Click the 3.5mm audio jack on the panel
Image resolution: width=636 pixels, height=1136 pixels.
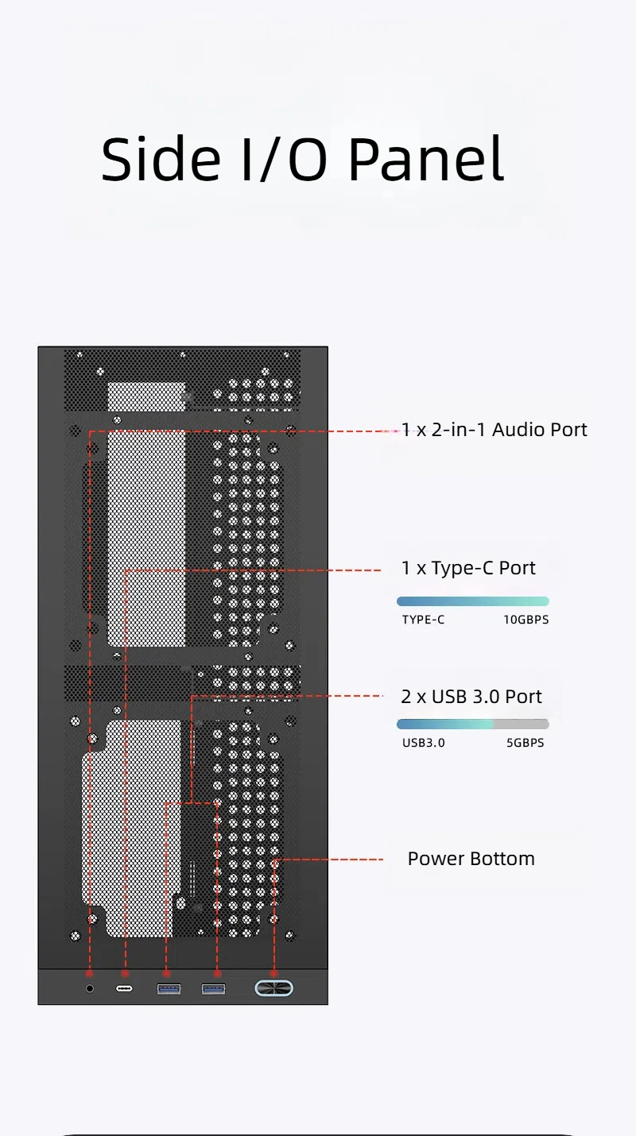tap(90, 988)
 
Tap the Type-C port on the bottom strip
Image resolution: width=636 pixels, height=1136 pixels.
tap(124, 988)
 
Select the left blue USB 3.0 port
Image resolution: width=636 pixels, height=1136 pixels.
tap(169, 988)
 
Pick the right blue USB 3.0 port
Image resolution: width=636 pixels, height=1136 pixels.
tap(213, 988)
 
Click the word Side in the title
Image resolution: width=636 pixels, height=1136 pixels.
tap(161, 159)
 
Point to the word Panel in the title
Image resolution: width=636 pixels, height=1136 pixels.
tap(426, 159)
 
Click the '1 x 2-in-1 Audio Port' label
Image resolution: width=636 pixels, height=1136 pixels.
tap(494, 430)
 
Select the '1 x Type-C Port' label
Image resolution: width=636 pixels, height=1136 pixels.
tap(468, 568)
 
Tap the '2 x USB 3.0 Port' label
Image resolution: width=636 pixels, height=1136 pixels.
tap(471, 697)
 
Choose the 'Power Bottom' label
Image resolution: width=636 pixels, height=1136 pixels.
tap(471, 859)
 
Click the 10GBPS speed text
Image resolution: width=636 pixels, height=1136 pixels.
tap(525, 620)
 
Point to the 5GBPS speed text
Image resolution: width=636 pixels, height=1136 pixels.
tap(525, 743)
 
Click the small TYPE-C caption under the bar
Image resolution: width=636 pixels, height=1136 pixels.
tap(423, 620)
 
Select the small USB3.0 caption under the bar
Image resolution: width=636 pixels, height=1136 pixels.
tap(423, 743)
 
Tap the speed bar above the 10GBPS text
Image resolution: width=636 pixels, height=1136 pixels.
tap(472, 601)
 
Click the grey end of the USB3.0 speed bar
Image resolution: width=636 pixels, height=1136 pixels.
tap(522, 724)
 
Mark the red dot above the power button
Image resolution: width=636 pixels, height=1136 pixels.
tap(273, 973)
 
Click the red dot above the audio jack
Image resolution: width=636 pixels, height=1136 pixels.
tap(90, 973)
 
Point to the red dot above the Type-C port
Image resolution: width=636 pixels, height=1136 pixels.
tap(125, 973)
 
